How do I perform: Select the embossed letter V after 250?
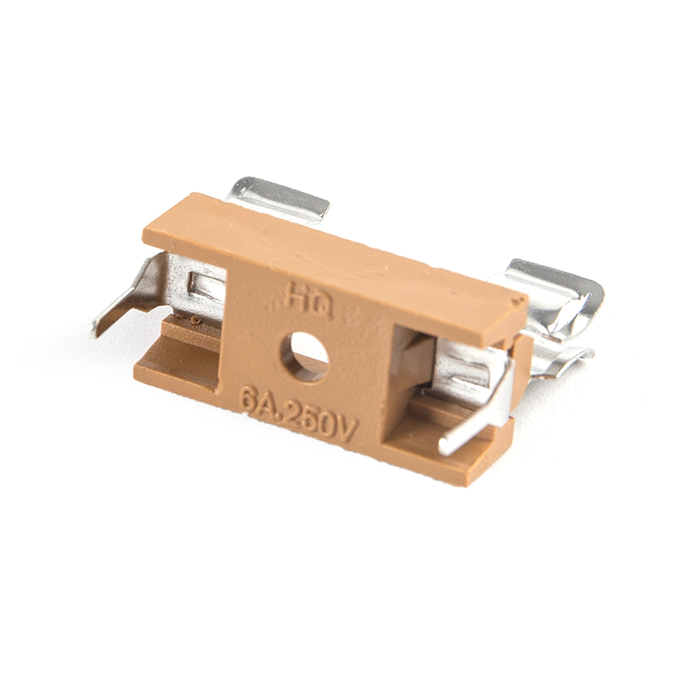click(345, 430)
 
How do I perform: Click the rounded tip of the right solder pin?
click(443, 448)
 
